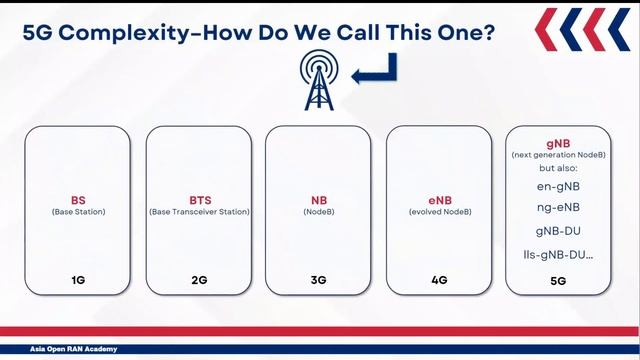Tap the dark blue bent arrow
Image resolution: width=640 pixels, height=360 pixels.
[x=378, y=70]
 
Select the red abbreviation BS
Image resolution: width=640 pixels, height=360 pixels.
[x=78, y=200]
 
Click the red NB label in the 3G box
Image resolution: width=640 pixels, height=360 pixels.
[x=319, y=200]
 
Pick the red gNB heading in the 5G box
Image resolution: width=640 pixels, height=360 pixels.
[x=558, y=143]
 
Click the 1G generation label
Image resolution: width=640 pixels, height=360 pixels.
[x=78, y=280]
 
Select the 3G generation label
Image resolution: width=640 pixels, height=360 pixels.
[x=319, y=280]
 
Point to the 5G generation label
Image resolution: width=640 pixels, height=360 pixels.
[x=558, y=281]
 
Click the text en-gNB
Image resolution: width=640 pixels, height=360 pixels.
[x=558, y=186]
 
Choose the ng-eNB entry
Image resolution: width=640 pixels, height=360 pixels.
[x=558, y=208]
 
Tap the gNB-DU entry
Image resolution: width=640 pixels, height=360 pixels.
[x=558, y=231]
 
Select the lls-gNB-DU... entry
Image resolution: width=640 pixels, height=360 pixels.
[x=558, y=254]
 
